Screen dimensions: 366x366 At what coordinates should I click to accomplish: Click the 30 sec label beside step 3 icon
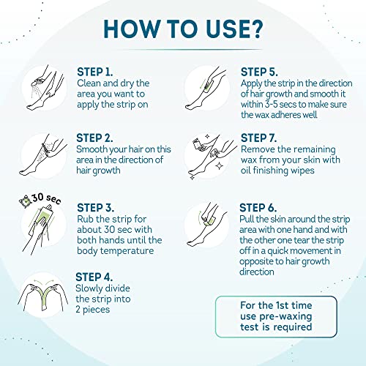pos(34,200)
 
